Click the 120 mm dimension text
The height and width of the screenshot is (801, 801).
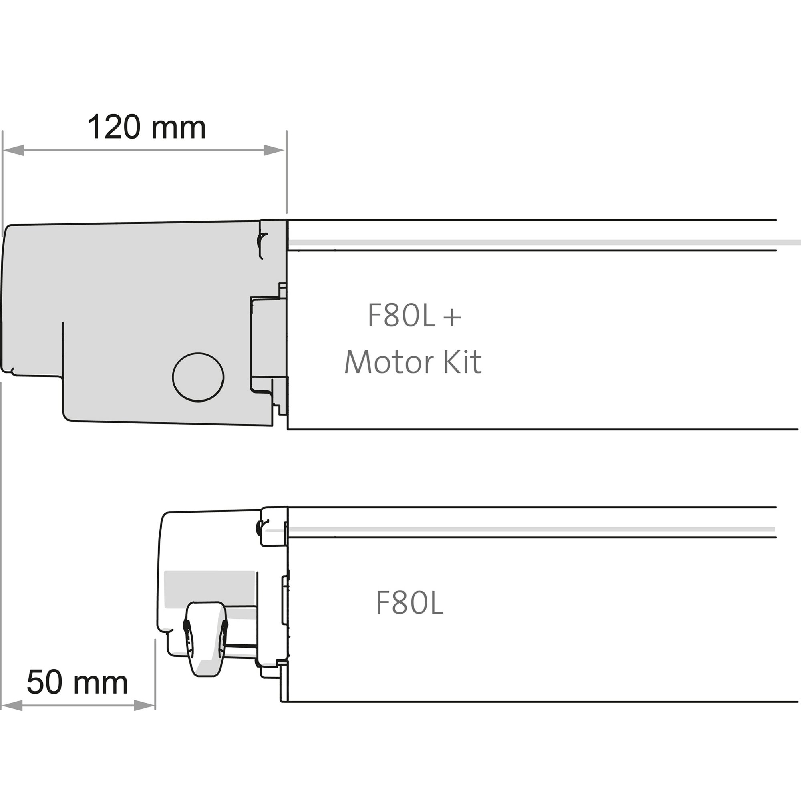tap(146, 127)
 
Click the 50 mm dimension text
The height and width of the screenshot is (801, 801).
tap(77, 682)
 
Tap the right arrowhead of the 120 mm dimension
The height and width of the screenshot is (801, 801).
tap(274, 150)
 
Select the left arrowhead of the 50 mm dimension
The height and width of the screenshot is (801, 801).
tap(12, 705)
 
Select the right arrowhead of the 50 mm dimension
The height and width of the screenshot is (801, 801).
tap(145, 705)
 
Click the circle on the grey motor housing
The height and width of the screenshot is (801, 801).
tap(198, 377)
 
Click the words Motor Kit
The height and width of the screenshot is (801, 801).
tap(413, 362)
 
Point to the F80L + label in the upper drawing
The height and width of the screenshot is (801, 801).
tap(414, 316)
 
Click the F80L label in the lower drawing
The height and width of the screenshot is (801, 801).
tap(410, 603)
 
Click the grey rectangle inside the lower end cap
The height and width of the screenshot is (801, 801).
tap(209, 589)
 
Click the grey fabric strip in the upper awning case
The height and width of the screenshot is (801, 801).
tap(539, 242)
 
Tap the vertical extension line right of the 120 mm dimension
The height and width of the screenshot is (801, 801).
tap(286, 174)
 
